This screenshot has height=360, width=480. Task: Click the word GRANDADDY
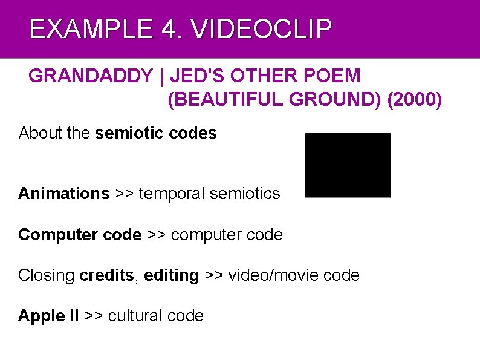pyautogui.click(x=91, y=76)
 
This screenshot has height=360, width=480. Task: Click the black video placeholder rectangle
pyautogui.click(x=348, y=165)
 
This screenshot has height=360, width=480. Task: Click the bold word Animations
pyautogui.click(x=63, y=194)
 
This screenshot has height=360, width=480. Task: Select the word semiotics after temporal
pyautogui.click(x=248, y=194)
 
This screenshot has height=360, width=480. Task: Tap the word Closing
pyautogui.click(x=47, y=276)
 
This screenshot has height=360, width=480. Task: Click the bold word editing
pyautogui.click(x=172, y=276)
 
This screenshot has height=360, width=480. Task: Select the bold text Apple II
pyautogui.click(x=48, y=316)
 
